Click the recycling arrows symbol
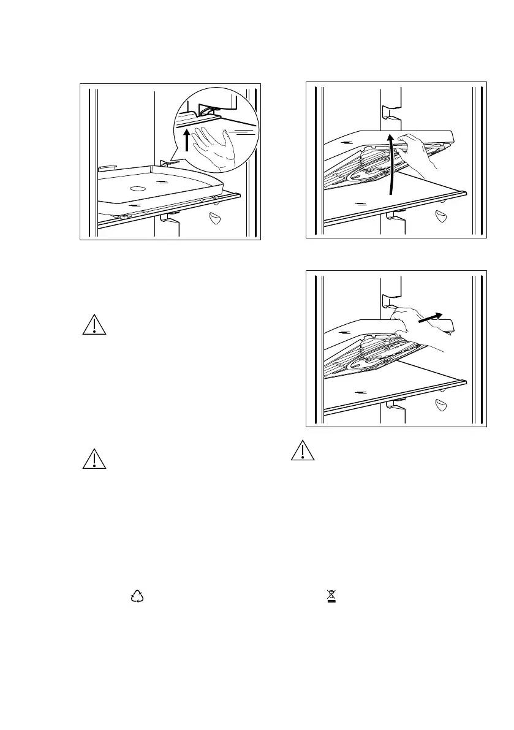[137, 596]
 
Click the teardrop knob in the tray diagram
[214, 218]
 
